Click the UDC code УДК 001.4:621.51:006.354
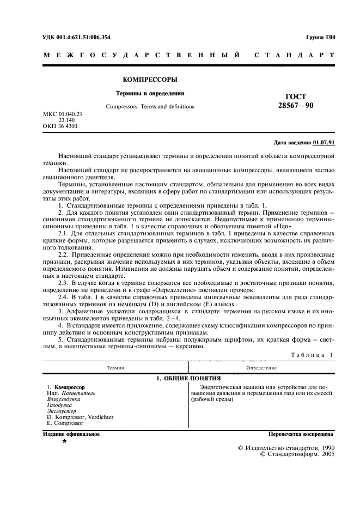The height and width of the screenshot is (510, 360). click(x=76, y=38)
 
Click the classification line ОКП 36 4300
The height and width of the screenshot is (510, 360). click(x=60, y=126)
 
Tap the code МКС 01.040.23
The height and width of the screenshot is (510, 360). click(x=62, y=114)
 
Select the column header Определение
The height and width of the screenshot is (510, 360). click(x=261, y=368)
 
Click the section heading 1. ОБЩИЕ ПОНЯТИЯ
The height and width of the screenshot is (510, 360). click(x=185, y=378)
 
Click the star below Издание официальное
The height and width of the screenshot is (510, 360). click(x=65, y=441)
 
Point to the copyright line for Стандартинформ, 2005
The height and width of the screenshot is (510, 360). click(x=298, y=453)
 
